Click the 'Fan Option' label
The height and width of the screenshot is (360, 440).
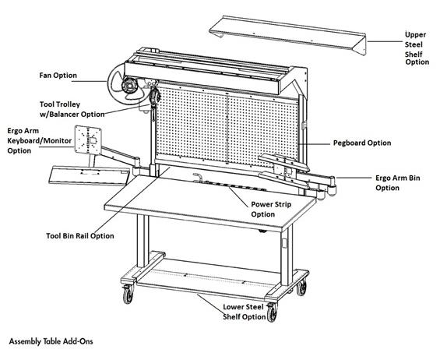[x=58, y=76]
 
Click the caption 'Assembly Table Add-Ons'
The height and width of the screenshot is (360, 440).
[x=54, y=341]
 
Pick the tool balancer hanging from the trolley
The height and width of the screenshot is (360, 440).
[x=155, y=98]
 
